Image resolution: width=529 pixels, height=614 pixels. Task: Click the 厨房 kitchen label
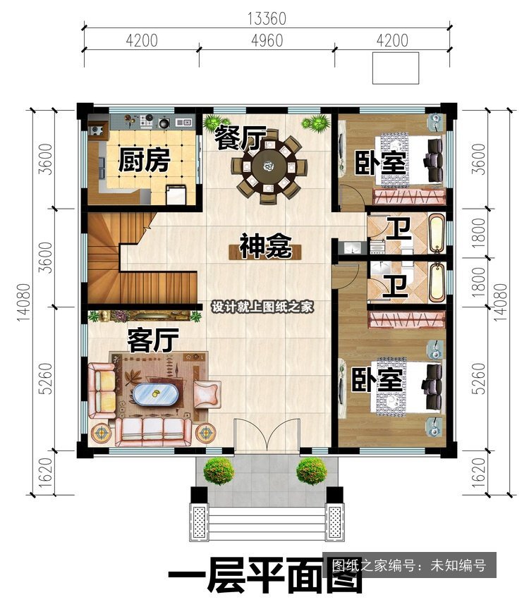point(144,160)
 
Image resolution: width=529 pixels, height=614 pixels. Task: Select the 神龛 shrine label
point(265,246)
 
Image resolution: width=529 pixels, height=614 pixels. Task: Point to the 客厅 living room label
point(153,340)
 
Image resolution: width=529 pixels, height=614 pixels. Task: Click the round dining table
point(269,167)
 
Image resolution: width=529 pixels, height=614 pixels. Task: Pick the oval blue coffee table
point(156,394)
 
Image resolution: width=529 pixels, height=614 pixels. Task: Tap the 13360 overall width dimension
point(267,19)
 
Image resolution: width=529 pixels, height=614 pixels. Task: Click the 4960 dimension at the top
point(267,40)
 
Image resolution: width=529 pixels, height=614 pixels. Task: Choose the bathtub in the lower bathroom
point(437,283)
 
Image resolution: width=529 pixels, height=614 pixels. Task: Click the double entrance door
point(267,436)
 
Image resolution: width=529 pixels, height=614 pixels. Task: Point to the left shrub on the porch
point(219,471)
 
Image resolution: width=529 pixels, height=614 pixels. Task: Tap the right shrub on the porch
point(312,471)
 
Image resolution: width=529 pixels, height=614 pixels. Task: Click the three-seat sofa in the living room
point(153,432)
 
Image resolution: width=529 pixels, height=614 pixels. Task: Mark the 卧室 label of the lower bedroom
point(377,379)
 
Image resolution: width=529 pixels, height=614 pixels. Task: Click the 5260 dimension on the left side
point(45,379)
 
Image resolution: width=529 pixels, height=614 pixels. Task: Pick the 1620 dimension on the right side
point(478,472)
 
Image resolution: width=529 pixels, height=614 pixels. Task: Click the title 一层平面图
point(266,575)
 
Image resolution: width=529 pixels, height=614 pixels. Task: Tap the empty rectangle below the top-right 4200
point(396,68)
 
